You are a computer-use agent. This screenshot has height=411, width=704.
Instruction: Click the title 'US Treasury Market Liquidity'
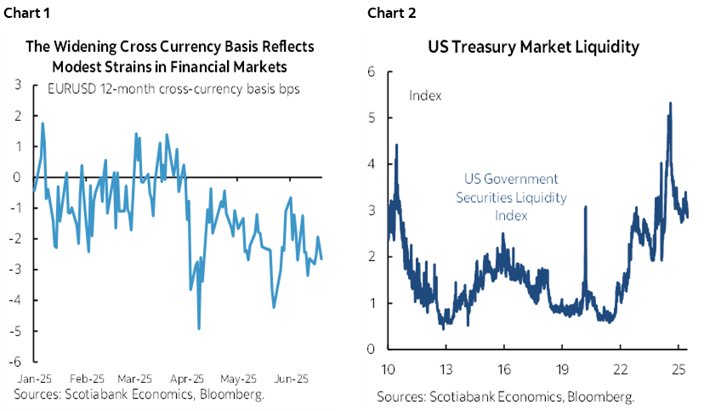click(533, 48)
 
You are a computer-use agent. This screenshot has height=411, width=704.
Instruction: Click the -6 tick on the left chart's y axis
click(16, 362)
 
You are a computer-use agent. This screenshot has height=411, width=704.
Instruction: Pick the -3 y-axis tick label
click(16, 270)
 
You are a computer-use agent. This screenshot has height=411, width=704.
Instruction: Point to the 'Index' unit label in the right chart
click(425, 95)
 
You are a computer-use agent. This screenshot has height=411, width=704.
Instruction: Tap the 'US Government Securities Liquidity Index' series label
click(511, 197)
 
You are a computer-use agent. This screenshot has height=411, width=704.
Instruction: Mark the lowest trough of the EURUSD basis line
click(198, 328)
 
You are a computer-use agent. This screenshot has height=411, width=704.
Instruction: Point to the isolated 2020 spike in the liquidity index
click(587, 208)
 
